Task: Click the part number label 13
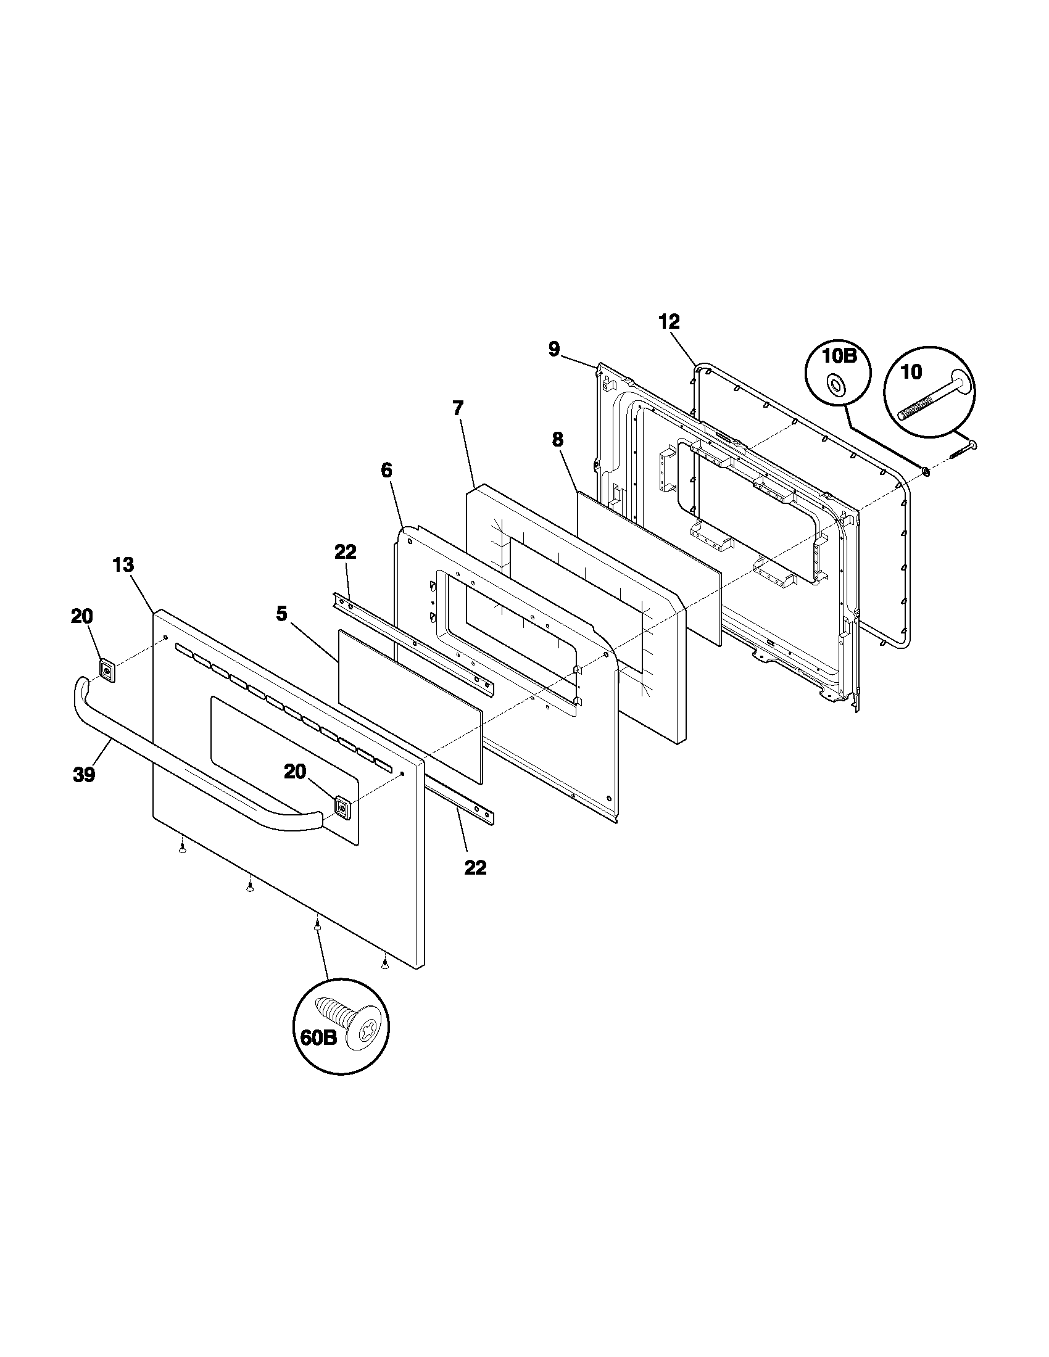pyautogui.click(x=123, y=565)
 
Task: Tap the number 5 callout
pyautogui.click(x=281, y=614)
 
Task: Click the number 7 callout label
pyautogui.click(x=458, y=408)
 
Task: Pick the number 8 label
pyautogui.click(x=557, y=439)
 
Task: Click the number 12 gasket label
pyautogui.click(x=670, y=321)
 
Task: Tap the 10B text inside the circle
pyautogui.click(x=839, y=357)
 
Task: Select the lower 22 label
pyautogui.click(x=475, y=867)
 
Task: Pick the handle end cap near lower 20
pyautogui.click(x=342, y=807)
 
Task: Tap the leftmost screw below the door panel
pyautogui.click(x=181, y=849)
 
